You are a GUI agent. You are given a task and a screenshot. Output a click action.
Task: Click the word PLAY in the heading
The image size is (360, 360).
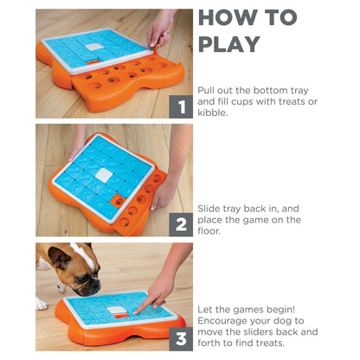coord(229,44)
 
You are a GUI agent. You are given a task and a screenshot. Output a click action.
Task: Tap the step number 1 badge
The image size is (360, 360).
coord(181,106)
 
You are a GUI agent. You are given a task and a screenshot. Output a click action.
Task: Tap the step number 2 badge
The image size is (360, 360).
coord(181,225)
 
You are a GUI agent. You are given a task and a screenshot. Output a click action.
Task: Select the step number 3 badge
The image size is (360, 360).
coord(181,339)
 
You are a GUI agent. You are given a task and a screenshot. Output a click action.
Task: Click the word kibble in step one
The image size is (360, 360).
coord(212,112)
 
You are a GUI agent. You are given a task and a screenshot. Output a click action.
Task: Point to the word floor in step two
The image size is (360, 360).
coord(209,231)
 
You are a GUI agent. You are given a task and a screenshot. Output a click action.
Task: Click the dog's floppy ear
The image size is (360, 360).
coord(59,257)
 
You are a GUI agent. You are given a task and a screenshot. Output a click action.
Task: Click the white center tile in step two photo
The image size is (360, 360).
coord(103,175)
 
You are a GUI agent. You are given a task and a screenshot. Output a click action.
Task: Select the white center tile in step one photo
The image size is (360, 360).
coord(94,47)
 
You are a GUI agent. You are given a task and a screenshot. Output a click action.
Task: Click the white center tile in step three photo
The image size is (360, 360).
coord(116,310)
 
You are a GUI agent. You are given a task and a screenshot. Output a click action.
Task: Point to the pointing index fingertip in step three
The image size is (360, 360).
coord(136,312)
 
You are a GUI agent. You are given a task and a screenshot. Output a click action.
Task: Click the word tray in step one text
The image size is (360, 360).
coord(299,91)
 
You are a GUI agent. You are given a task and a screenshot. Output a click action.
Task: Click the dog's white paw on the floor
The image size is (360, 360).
coord(42,305)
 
